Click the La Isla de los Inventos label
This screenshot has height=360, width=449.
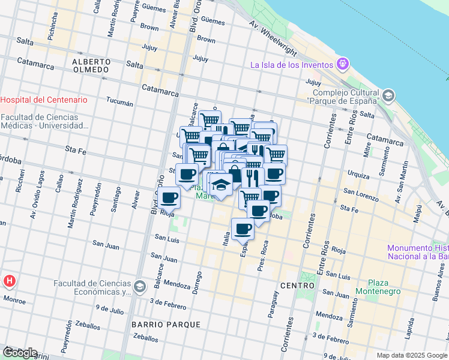click(x=292, y=65)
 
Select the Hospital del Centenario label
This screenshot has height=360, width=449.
click(x=44, y=100)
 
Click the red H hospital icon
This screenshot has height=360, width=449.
click(x=10, y=281)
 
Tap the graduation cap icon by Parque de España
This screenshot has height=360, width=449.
click(x=388, y=95)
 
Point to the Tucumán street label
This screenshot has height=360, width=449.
click(x=119, y=103)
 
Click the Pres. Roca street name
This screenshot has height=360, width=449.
click(x=262, y=256)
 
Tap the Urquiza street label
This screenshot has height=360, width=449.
click(x=358, y=173)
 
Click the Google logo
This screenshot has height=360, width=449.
click(x=20, y=353)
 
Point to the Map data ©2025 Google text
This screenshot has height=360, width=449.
click(x=411, y=355)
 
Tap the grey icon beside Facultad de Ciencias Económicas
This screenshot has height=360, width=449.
click(x=140, y=287)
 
